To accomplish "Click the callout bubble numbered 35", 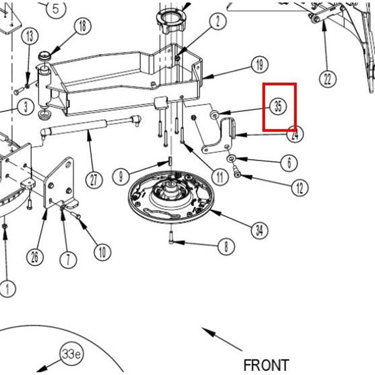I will [278, 106].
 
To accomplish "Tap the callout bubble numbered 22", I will [328, 79].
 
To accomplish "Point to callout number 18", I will [82, 26].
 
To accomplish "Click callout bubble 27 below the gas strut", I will [94, 180].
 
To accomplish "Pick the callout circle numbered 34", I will [259, 230].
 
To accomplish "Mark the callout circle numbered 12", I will [300, 188].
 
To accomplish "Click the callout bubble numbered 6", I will [289, 163].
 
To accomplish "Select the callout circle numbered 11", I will [219, 176].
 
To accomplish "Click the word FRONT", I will [266, 365].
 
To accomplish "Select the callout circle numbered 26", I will [34, 257].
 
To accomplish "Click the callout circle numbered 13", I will [30, 36].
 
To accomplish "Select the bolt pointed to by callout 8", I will [171, 238].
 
